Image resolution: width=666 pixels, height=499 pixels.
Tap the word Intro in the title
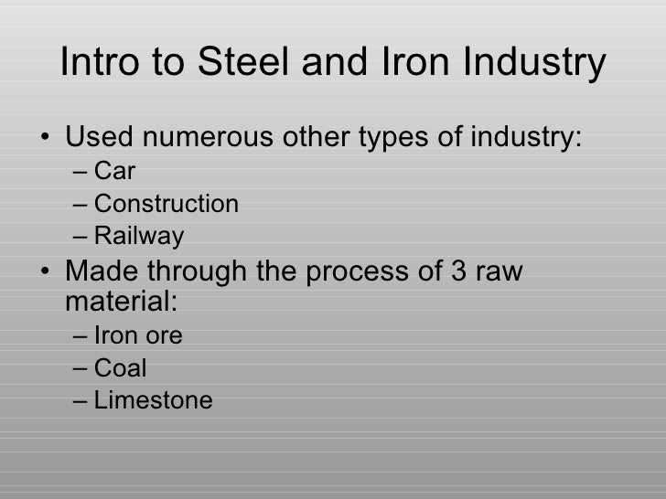point(96,63)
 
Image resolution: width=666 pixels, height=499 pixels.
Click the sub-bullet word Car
point(114,171)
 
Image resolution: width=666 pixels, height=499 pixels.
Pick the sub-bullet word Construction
point(166,204)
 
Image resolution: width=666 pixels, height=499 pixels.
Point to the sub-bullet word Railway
point(138,237)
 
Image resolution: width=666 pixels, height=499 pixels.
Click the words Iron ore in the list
point(138,335)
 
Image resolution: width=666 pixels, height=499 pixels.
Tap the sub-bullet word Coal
point(120,368)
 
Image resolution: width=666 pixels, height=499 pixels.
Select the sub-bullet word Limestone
point(153,400)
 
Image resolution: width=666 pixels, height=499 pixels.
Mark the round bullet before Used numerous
point(47,140)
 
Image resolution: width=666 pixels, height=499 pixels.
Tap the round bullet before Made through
point(47,273)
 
